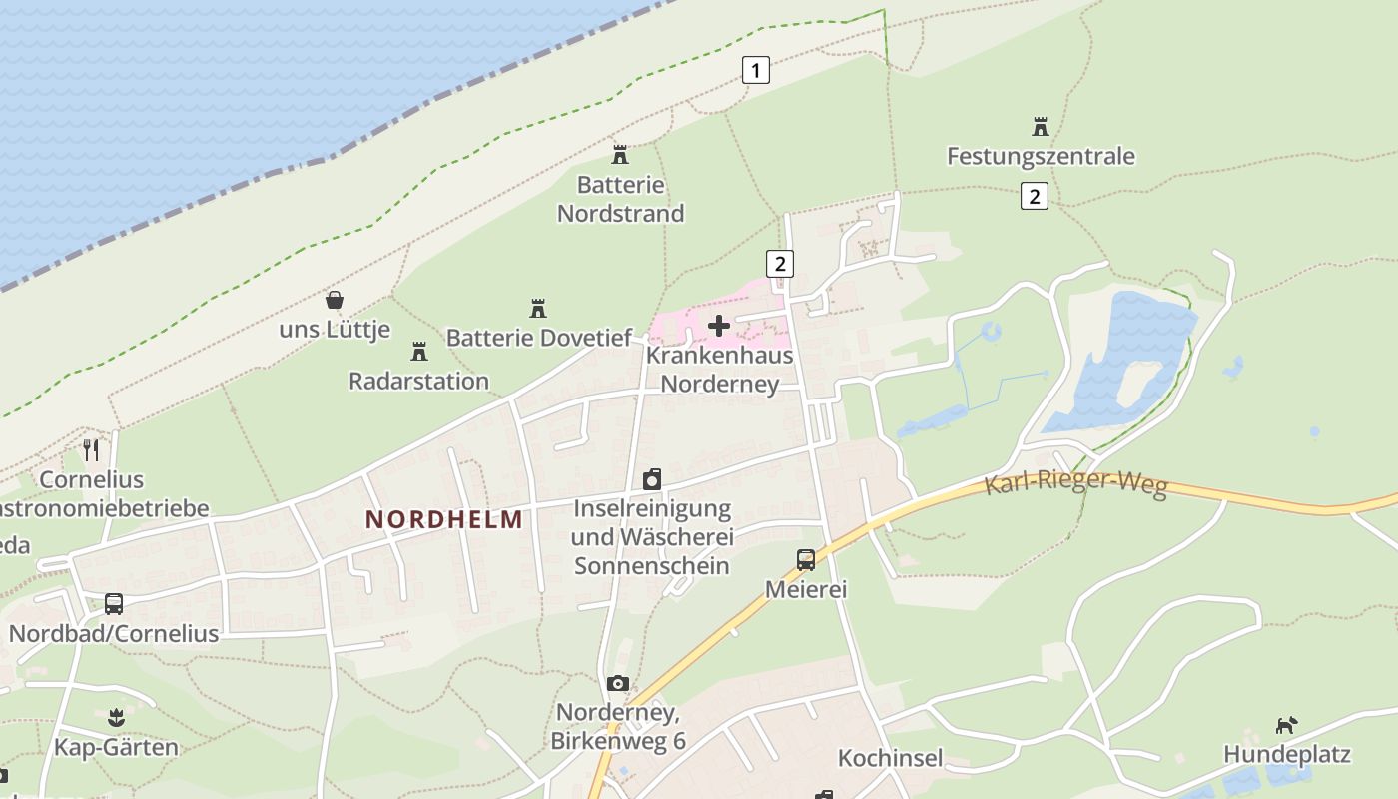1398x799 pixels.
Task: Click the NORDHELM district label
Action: pos(444,519)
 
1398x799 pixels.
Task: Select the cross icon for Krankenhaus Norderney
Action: pos(719,326)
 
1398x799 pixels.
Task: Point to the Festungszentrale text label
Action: pos(1041,156)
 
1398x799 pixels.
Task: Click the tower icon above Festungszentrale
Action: pos(1041,127)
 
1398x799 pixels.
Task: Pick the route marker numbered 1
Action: pos(756,70)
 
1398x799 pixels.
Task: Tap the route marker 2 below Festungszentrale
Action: pos(1035,196)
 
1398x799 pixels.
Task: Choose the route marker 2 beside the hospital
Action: pos(780,264)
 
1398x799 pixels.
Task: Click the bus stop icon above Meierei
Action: pos(806,559)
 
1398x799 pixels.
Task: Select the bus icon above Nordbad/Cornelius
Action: pos(114,603)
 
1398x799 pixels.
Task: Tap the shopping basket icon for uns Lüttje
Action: pos(335,300)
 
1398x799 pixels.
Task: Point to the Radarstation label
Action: pos(418,381)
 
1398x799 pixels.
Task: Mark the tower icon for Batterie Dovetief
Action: pos(539,308)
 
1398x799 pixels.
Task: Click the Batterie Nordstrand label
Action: pos(620,199)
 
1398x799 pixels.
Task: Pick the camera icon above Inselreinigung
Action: pos(652,479)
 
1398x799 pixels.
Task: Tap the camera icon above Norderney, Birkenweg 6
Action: pos(618,684)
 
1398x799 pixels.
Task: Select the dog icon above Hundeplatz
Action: pos(1287,725)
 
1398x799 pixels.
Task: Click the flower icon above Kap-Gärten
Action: pos(117,718)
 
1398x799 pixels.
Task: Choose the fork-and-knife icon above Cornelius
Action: pos(91,450)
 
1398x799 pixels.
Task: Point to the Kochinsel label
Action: pos(890,758)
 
